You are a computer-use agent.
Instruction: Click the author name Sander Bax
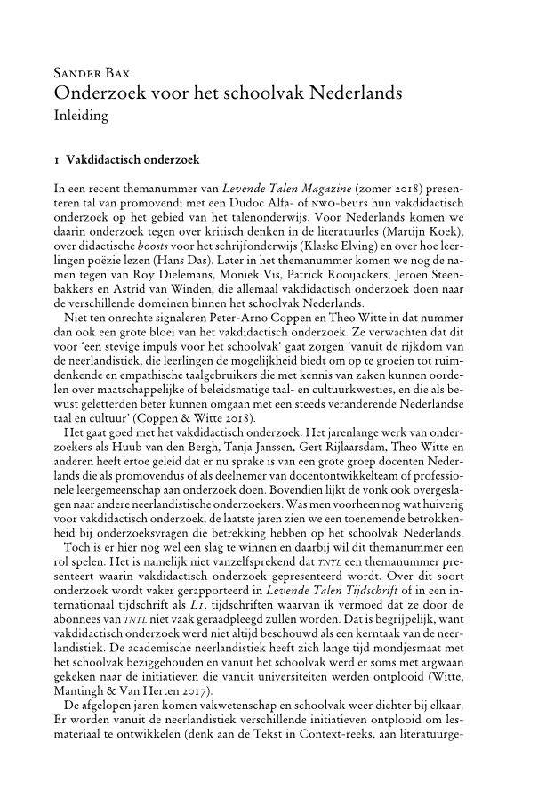tap(91, 72)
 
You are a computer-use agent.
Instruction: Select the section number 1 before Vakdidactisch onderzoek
tap(57, 160)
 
